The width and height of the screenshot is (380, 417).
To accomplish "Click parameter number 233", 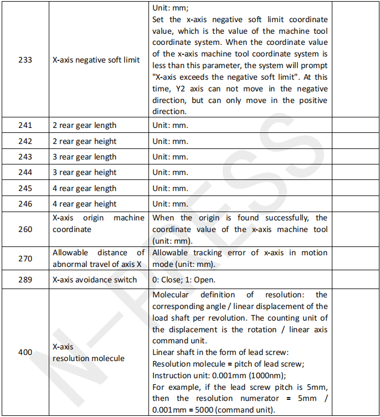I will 25,60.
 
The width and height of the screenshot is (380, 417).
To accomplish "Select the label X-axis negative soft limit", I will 96,60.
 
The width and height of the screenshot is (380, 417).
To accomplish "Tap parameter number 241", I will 25,125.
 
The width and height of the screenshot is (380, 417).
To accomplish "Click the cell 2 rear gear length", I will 84,125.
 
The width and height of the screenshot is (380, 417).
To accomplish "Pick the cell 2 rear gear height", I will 84,141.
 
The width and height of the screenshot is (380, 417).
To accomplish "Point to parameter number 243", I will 25,157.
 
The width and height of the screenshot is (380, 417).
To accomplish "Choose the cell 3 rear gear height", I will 84,172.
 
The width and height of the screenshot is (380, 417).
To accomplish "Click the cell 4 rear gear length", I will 84,188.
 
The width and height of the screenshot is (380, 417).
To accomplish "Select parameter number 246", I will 25,204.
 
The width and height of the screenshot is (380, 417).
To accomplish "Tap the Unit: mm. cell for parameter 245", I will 170,188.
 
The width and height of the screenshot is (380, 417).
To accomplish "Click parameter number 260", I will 25,229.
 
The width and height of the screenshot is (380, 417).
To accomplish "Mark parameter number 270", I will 25,258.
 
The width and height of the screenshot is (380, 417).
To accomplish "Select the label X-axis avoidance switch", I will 95,279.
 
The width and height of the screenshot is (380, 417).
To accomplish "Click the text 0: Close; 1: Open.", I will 184,279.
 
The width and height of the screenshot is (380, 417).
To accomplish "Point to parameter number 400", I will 25,352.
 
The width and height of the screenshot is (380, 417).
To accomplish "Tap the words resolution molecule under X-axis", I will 89,358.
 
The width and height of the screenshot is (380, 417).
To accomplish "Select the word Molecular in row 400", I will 171,295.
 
